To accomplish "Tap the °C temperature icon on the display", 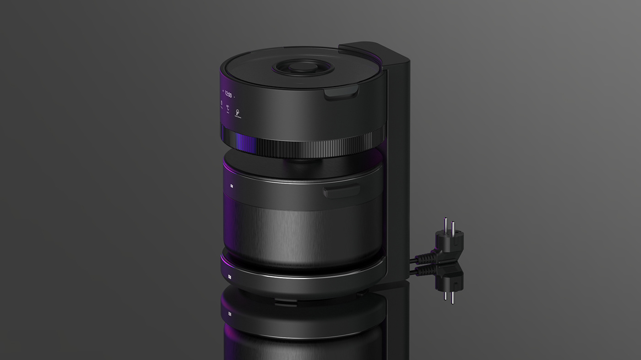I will click(x=228, y=108).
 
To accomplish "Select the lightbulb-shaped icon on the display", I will click(x=238, y=112).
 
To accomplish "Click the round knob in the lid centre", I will click(x=297, y=67).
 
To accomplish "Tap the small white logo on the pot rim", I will click(x=232, y=186).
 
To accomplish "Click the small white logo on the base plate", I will click(x=230, y=277).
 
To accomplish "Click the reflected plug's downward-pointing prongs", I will click(x=448, y=293).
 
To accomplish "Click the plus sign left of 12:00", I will click(x=223, y=91).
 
